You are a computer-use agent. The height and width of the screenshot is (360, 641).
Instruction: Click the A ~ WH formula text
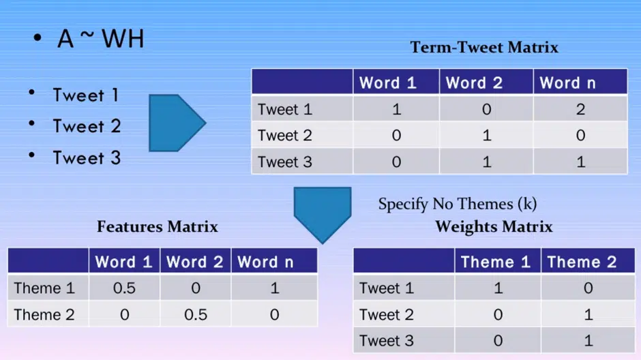coord(100,39)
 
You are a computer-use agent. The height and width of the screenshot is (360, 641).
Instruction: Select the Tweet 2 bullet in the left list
coord(87,126)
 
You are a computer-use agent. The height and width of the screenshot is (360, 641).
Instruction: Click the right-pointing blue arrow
coord(177,123)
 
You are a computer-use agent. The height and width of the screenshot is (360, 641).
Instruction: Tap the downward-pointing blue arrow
coord(323,215)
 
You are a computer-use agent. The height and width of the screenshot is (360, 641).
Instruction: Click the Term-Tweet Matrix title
coord(484,48)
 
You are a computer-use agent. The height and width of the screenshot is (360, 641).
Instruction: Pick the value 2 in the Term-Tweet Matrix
coord(580,109)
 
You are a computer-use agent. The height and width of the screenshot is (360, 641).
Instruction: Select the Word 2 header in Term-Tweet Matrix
coord(474,83)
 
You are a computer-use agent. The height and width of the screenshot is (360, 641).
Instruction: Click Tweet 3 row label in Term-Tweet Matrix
coord(285,162)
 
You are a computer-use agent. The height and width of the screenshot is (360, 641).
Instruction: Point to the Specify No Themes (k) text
coord(458,203)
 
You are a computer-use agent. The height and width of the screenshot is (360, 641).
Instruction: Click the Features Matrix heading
coord(158,226)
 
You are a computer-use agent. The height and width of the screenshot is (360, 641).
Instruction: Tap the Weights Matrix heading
coord(494,226)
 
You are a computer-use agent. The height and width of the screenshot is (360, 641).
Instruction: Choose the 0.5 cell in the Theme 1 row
coord(124,288)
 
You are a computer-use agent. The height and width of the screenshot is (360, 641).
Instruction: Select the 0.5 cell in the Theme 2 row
coord(196,314)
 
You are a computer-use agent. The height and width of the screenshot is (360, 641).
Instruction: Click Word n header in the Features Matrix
coord(266,262)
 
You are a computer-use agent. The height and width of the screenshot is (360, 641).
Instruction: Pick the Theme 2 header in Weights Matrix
coord(582,262)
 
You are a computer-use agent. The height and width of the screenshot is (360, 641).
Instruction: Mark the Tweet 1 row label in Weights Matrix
coord(387,288)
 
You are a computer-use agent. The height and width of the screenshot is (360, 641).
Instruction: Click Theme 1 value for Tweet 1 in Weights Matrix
coord(498,288)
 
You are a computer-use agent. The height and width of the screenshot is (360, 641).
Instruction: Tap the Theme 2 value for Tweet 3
coord(588,341)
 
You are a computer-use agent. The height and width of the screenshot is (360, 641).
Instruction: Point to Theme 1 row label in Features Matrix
coord(44,288)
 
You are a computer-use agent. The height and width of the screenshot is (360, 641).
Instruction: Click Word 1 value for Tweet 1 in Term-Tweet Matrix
coord(397,109)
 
